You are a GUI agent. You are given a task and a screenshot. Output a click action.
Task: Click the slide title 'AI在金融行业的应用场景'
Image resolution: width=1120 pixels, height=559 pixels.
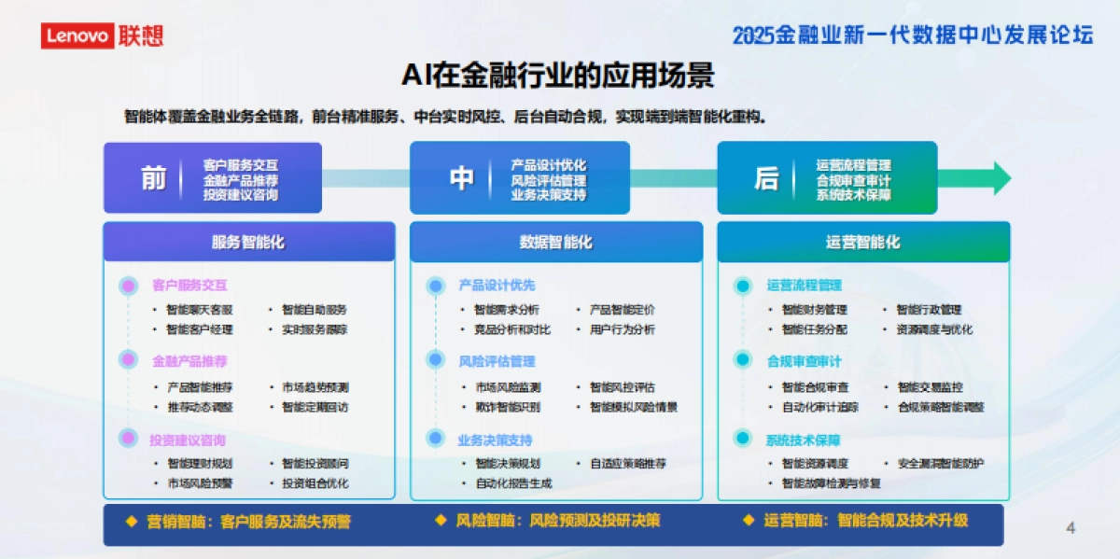[558, 75]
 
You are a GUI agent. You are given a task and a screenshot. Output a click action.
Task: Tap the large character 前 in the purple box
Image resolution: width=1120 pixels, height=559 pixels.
[153, 178]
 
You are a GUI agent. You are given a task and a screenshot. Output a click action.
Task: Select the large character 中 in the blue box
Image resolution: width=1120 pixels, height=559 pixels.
[461, 178]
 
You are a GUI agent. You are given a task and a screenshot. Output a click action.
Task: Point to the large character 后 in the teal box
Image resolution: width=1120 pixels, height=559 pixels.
[766, 178]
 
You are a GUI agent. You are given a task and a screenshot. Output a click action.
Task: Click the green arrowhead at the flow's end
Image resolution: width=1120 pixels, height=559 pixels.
[1001, 178]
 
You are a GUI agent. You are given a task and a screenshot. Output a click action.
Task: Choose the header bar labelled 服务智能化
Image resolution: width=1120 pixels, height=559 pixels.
[248, 243]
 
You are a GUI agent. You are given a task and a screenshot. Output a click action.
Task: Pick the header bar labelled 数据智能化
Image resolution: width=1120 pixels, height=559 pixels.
[556, 243]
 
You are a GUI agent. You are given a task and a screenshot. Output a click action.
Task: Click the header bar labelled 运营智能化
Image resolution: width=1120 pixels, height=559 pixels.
[863, 243]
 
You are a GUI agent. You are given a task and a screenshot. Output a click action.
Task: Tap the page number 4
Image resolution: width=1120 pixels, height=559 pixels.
[1071, 528]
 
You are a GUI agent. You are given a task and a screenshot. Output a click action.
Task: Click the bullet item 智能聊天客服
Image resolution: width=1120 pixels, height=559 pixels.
[200, 310]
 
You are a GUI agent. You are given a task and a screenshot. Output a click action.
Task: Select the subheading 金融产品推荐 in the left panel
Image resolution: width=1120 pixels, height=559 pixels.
[189, 361]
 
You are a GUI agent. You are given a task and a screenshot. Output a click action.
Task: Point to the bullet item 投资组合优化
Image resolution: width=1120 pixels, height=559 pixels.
[315, 483]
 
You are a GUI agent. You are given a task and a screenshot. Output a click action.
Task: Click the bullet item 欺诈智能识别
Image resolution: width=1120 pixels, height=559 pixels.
[507, 407]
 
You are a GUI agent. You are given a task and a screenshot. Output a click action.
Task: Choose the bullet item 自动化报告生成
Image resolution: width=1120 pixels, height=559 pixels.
[513, 483]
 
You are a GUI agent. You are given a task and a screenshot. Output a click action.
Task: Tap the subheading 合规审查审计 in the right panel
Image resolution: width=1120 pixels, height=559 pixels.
[804, 361]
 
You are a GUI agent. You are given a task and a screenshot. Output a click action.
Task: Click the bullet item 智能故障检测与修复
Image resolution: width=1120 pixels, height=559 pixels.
[831, 483]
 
